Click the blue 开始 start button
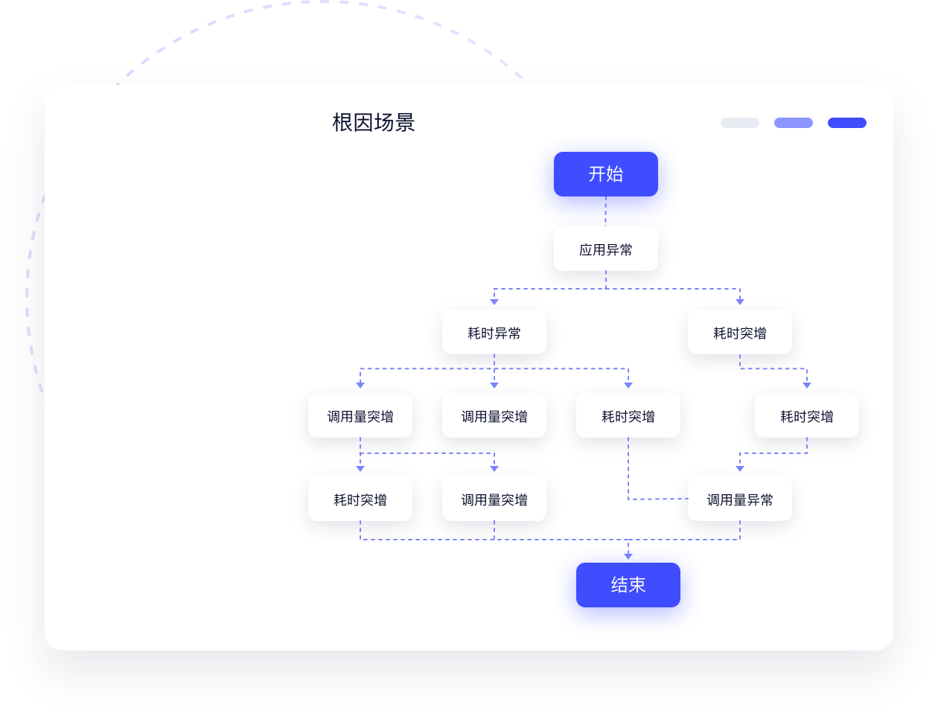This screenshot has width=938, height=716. pos(605,174)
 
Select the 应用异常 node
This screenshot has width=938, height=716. pos(605,249)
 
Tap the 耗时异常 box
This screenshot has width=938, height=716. pos(494,333)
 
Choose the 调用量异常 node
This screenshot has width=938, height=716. pos(739,499)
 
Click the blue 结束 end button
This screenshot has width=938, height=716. pos(628,585)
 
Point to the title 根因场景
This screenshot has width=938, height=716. pos(373,123)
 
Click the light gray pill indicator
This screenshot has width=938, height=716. pos(739,123)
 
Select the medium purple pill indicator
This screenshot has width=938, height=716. pos(793,123)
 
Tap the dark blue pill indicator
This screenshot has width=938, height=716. pos(846,123)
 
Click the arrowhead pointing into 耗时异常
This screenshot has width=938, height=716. pos(494,301)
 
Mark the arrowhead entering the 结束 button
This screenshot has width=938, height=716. pos(628,555)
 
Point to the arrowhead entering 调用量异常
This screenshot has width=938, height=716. pos(739,468)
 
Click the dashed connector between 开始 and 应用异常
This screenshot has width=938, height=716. pos(605,211)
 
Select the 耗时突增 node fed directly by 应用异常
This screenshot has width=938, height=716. pos(739,333)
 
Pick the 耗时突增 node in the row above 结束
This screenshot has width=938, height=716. pos(360,499)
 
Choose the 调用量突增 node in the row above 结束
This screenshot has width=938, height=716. pos(494,499)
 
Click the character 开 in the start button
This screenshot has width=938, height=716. pos(596,174)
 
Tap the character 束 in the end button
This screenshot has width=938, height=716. pos(637,585)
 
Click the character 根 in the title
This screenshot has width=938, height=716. pos(342,123)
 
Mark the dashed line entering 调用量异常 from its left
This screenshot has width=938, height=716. pos(659,499)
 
